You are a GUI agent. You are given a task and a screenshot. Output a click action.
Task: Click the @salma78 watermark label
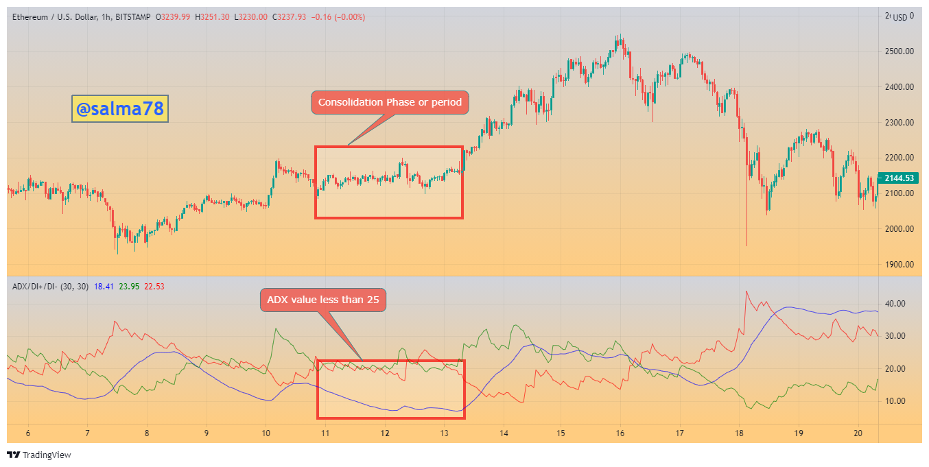(x=120, y=108)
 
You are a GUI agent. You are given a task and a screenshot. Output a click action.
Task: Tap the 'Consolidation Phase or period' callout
(x=390, y=102)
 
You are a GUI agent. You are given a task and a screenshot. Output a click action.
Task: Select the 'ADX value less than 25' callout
(x=323, y=300)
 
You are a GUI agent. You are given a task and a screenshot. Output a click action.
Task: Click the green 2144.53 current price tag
(x=899, y=178)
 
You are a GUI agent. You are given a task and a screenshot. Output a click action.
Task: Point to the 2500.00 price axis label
(x=899, y=51)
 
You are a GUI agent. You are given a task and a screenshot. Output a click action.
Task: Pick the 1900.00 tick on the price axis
(x=899, y=265)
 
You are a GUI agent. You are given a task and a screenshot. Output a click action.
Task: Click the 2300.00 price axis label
(x=899, y=123)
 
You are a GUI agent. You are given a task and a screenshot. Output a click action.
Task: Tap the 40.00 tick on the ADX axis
(x=895, y=304)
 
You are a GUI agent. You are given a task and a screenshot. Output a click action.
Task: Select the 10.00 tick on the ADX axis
(x=895, y=401)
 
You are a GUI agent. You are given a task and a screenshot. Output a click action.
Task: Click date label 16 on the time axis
(x=620, y=433)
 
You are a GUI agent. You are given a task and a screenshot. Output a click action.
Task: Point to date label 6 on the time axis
(x=27, y=433)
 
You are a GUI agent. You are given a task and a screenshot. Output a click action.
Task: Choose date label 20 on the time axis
(x=858, y=433)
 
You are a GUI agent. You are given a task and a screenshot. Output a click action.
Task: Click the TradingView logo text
(x=47, y=455)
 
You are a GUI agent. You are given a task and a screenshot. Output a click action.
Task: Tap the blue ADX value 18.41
(x=104, y=287)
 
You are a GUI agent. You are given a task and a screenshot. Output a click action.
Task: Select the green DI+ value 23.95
(x=129, y=287)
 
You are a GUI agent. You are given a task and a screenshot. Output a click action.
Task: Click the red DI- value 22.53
(x=154, y=287)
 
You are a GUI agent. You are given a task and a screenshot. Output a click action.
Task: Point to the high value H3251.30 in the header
(x=212, y=17)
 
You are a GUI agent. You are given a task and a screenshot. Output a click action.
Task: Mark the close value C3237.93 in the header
(x=289, y=17)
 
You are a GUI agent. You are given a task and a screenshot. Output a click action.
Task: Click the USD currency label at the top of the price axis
(x=900, y=17)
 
